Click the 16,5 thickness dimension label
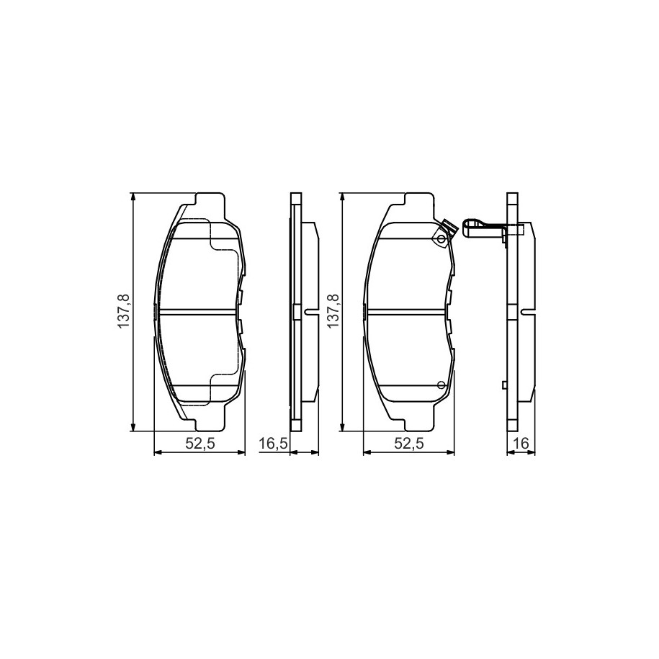(273, 443)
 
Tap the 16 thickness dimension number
(521, 443)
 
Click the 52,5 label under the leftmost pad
(200, 443)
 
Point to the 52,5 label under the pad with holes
(409, 443)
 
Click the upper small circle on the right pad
(441, 239)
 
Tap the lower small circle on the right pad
(441, 384)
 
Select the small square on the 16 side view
(505, 385)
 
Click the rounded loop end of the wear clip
(467, 228)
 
